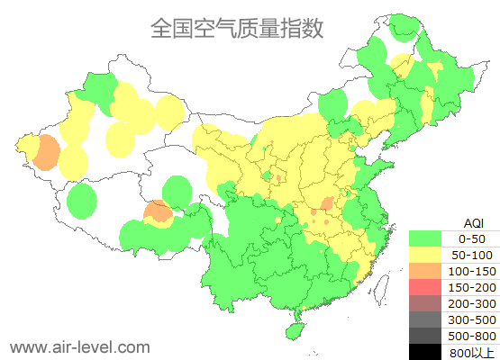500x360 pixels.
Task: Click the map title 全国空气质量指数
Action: pyautogui.click(x=236, y=29)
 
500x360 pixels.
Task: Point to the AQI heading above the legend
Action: pyautogui.click(x=473, y=222)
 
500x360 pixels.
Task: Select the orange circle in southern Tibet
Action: pyautogui.click(x=159, y=211)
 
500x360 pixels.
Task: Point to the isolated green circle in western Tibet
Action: pyautogui.click(x=82, y=200)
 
